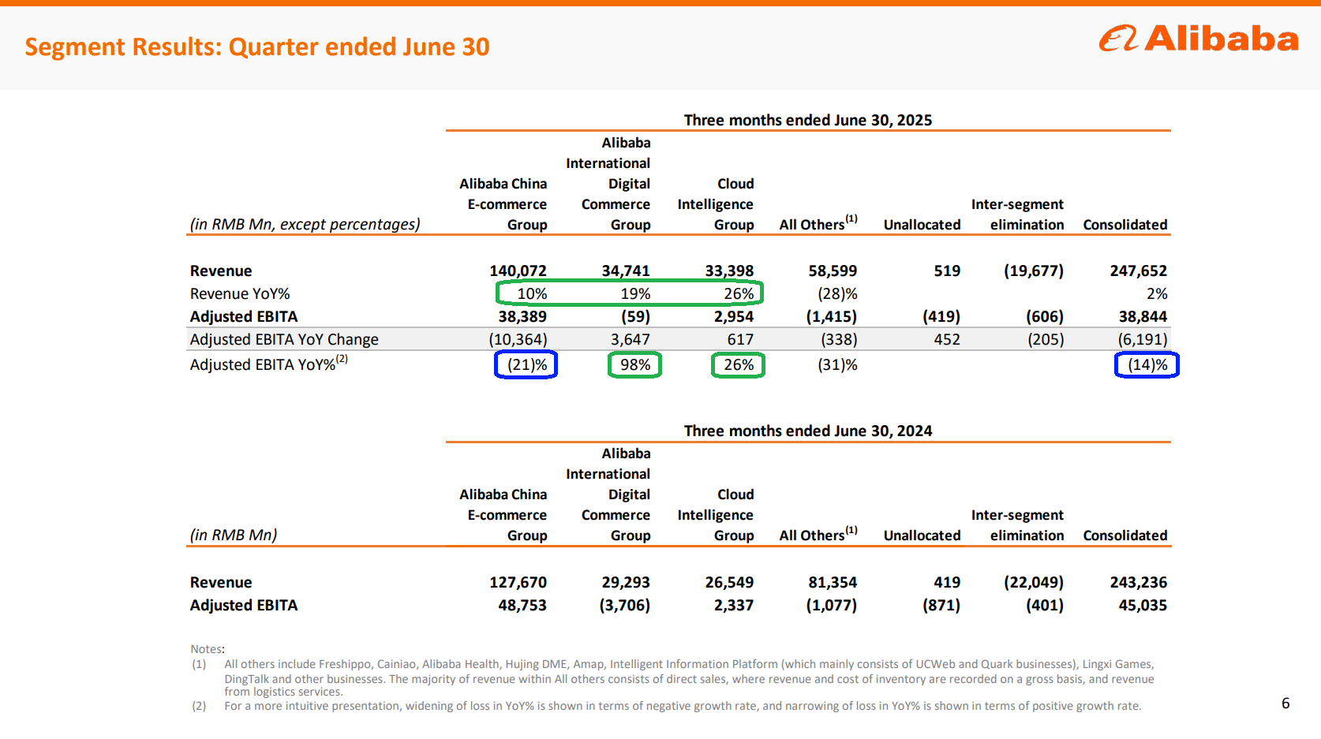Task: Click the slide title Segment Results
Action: (x=257, y=47)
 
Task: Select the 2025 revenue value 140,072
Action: (x=518, y=271)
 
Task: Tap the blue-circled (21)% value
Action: (x=526, y=365)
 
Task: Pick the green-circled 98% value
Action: (x=634, y=365)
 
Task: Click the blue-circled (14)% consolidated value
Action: (x=1147, y=365)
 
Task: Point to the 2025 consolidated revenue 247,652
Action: (x=1138, y=271)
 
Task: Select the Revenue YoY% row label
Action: (x=240, y=294)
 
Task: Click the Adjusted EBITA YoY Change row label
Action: (x=284, y=340)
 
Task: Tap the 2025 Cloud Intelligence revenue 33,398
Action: (x=729, y=271)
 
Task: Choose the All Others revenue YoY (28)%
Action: (x=837, y=294)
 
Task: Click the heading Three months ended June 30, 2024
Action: (x=807, y=431)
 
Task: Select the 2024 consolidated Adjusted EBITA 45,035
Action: (x=1142, y=606)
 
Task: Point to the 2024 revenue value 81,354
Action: (x=832, y=583)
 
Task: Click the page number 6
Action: (x=1285, y=704)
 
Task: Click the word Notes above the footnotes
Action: (x=207, y=649)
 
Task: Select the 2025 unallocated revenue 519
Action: (x=947, y=271)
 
